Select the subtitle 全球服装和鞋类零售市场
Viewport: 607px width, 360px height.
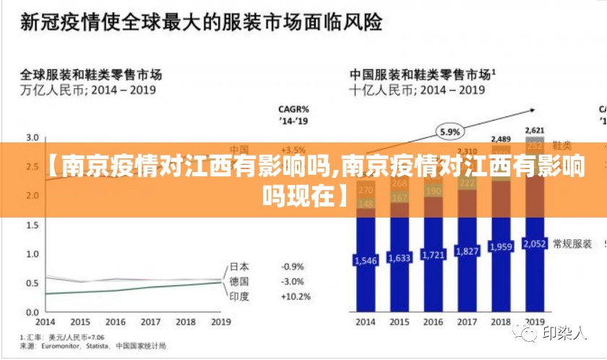[90, 74]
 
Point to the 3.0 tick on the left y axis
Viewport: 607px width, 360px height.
[32, 137]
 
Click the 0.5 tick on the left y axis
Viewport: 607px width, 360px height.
[32, 283]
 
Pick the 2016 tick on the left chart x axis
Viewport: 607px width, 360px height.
[116, 322]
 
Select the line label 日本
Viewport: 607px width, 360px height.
[240, 267]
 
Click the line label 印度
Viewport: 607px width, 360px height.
[240, 296]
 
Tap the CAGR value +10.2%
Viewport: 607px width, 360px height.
[296, 296]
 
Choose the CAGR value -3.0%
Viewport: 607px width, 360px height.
[293, 281]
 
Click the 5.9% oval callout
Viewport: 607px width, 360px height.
[450, 132]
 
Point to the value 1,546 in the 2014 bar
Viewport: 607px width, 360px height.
[365, 259]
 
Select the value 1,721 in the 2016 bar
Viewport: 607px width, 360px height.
[434, 256]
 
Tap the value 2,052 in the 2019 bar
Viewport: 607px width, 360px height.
[534, 244]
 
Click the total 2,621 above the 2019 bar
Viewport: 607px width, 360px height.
[535, 130]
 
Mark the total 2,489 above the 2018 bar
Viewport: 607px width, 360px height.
[501, 139]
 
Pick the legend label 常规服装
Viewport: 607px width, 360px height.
[572, 244]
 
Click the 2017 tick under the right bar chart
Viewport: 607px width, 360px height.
[467, 321]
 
